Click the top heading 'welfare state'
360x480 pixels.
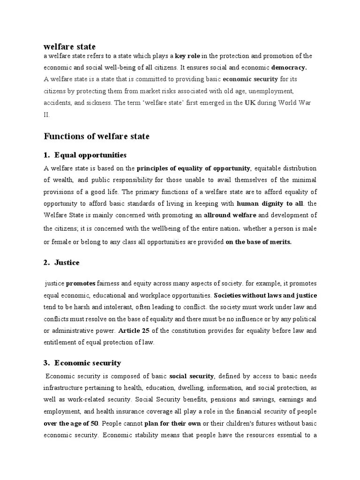69,46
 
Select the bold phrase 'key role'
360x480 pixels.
187,56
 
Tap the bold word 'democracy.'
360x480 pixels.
289,67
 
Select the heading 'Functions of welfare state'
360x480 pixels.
97,136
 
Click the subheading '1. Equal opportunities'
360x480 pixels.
85,155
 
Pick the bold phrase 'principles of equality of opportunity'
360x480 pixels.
194,168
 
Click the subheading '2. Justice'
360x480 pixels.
61,262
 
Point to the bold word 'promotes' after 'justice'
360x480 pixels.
81,284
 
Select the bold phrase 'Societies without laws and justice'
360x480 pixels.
265,295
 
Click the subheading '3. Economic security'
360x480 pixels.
82,363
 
